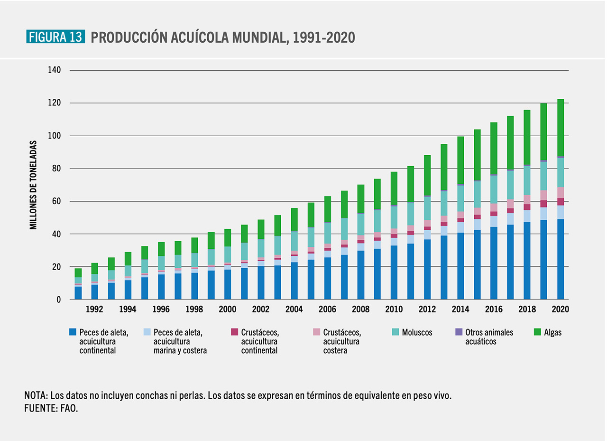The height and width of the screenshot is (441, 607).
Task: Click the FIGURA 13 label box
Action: (55, 37)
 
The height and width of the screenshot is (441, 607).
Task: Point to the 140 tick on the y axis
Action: (55, 70)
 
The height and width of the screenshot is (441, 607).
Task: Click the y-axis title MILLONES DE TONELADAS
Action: (33, 185)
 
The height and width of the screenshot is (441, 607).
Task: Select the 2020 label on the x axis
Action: (561, 309)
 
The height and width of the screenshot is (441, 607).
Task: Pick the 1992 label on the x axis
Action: (95, 309)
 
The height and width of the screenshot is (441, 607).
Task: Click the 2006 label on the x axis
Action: (328, 309)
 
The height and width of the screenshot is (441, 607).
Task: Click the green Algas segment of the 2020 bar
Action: (561, 127)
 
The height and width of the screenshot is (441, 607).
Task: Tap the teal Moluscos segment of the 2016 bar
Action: (494, 189)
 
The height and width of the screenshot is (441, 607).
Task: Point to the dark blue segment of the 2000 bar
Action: (228, 284)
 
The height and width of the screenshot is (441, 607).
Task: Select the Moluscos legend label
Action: (417, 332)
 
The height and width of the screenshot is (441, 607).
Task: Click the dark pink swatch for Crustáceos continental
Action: (234, 332)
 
